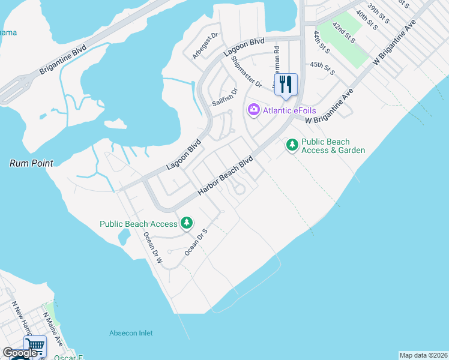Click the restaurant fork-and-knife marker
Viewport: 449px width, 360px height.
click(286, 84)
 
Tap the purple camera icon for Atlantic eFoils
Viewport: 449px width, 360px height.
click(253, 109)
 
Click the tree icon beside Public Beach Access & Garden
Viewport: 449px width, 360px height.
click(292, 145)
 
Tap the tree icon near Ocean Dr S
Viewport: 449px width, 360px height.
click(187, 223)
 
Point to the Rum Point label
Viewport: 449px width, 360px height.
click(31, 163)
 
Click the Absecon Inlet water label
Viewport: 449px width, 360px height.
click(131, 333)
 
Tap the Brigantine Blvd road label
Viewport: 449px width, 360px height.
click(63, 59)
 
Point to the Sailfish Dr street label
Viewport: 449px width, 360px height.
click(225, 98)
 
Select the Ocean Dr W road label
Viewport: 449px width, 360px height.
click(152, 251)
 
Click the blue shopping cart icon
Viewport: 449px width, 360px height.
click(34, 346)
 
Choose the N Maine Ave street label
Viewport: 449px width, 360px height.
click(53, 329)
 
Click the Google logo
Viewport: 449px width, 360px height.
click(20, 353)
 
